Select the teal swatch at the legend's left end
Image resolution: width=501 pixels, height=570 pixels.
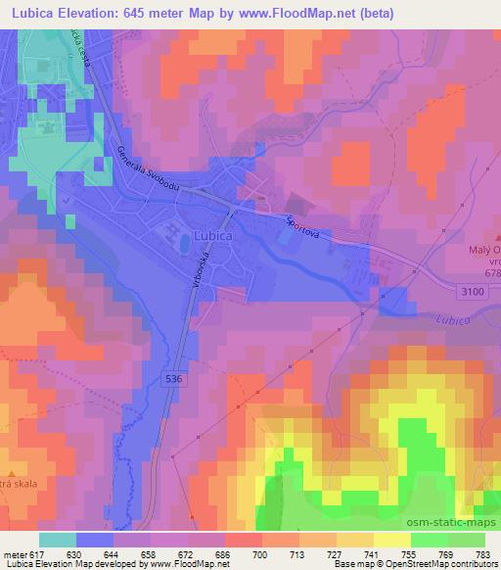point(58,540)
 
